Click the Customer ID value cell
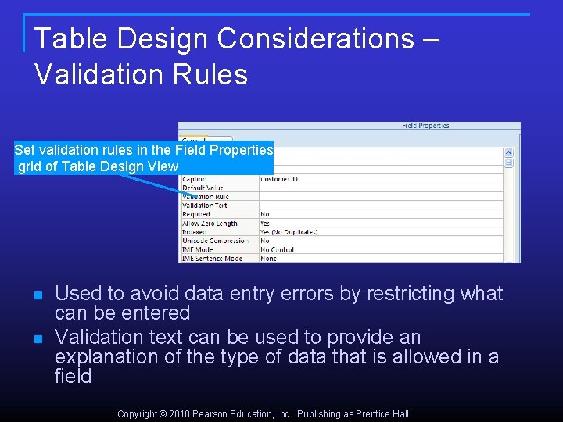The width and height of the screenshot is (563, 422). pyautogui.click(x=279, y=180)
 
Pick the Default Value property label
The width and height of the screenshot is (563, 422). pyautogui.click(x=203, y=188)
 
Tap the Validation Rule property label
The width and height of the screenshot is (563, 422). pyautogui.click(x=205, y=197)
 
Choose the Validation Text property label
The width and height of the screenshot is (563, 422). pyautogui.click(x=204, y=206)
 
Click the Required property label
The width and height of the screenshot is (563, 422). pyautogui.click(x=195, y=214)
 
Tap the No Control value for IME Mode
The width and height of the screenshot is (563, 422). pyautogui.click(x=278, y=249)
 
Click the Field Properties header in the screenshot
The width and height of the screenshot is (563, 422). pyautogui.click(x=425, y=126)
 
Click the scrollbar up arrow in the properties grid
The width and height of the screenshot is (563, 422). pyautogui.click(x=508, y=153)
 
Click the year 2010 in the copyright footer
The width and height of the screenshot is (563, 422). pyautogui.click(x=181, y=414)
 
